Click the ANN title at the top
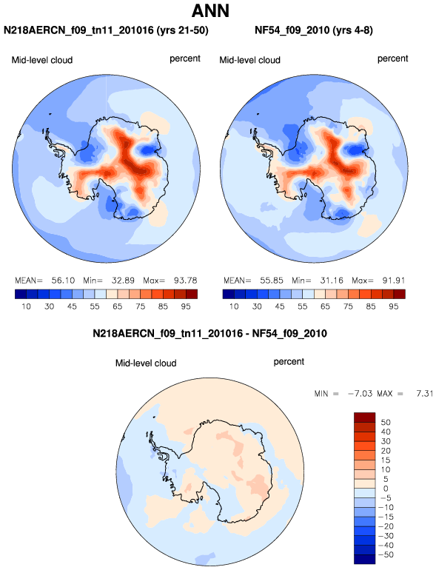click(210, 10)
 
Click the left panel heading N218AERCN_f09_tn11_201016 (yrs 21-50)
click(106, 30)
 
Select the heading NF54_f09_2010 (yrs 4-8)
click(314, 30)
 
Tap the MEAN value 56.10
click(63, 281)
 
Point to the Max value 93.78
click(186, 281)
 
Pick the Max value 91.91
click(394, 281)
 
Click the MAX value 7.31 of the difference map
click(424, 394)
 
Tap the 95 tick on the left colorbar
click(186, 306)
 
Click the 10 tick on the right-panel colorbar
click(234, 306)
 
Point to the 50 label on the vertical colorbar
click(386, 423)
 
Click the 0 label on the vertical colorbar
click(386, 489)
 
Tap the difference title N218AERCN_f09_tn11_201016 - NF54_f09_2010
click(209, 333)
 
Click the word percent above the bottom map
click(289, 362)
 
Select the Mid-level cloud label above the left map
click(42, 60)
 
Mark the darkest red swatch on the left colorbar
click(192, 294)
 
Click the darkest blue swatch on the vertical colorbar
click(364, 560)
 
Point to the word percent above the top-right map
click(393, 59)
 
